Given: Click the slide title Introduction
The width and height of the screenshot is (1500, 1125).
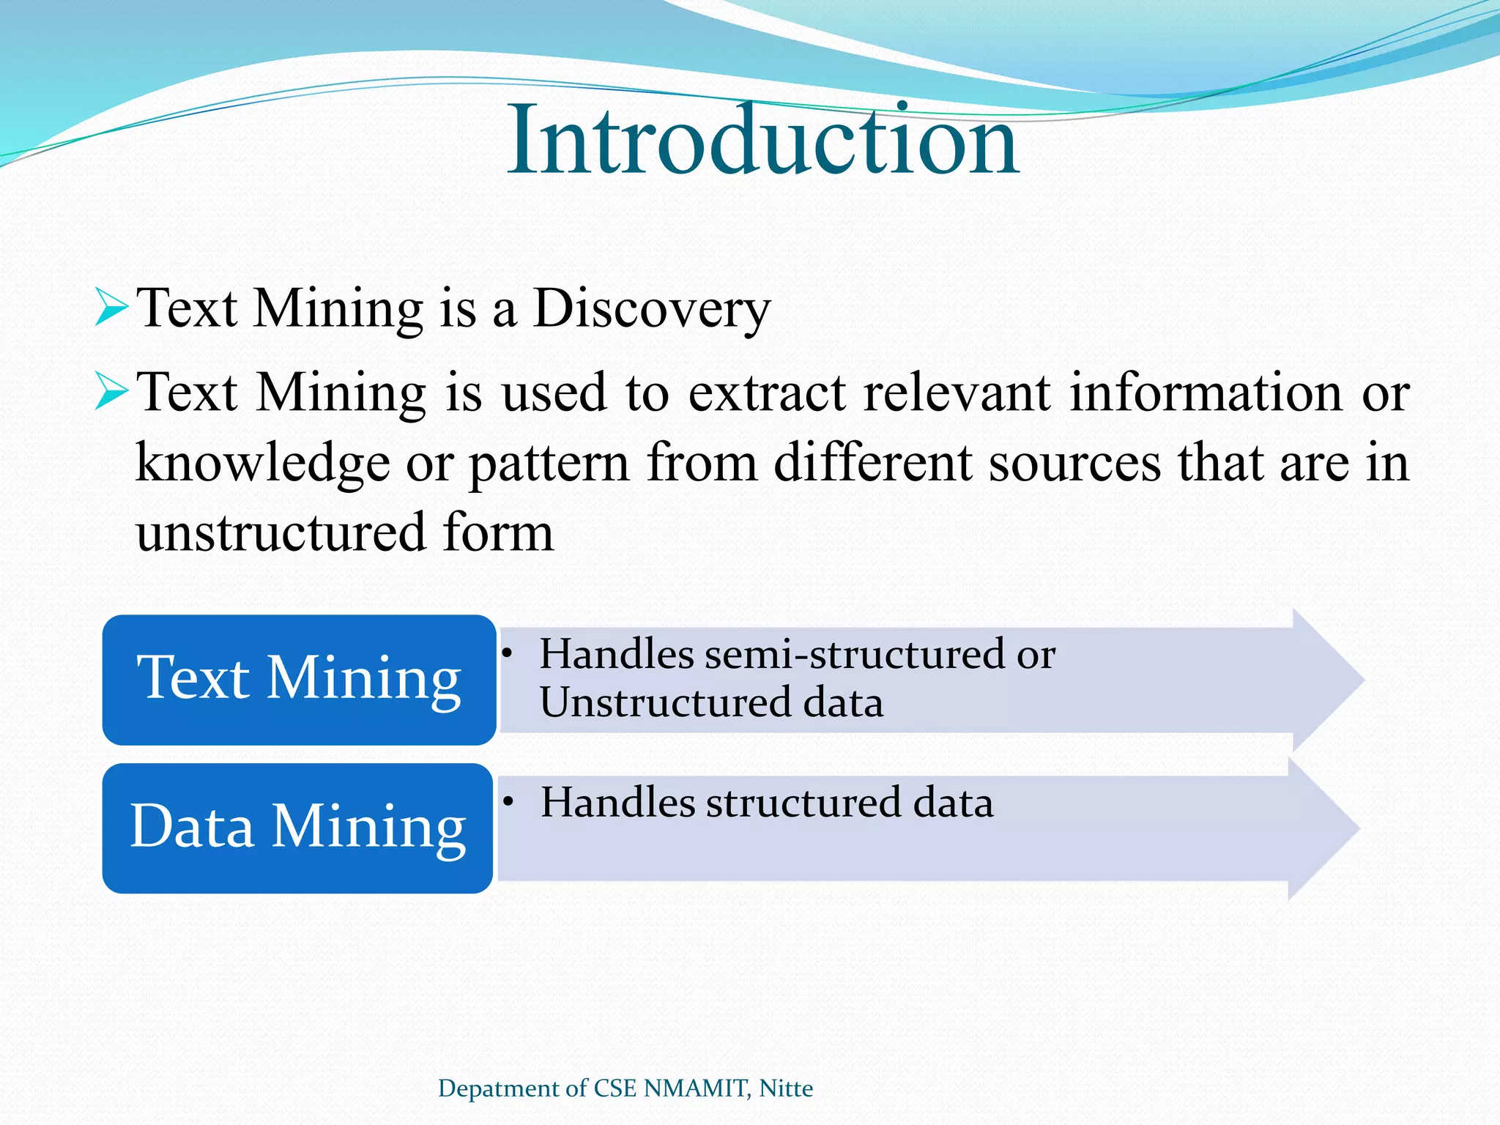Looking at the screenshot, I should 762,141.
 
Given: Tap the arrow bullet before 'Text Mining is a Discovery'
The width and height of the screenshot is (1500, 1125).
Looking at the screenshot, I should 112,308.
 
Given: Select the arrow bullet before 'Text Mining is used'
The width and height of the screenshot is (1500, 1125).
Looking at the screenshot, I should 112,392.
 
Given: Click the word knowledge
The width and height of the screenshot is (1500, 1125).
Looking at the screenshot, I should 262,464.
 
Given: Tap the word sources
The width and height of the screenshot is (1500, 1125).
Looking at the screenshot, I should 1074,464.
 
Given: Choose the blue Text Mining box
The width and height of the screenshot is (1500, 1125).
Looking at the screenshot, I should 299,680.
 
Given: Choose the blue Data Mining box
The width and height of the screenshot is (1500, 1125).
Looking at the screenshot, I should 297,828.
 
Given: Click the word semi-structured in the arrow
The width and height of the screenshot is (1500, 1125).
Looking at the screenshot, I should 855,653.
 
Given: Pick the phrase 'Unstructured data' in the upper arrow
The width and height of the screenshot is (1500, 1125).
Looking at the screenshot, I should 710,702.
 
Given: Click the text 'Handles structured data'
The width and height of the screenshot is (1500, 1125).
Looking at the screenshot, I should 766,802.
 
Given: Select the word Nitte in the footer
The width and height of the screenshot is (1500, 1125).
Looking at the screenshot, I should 786,1088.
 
